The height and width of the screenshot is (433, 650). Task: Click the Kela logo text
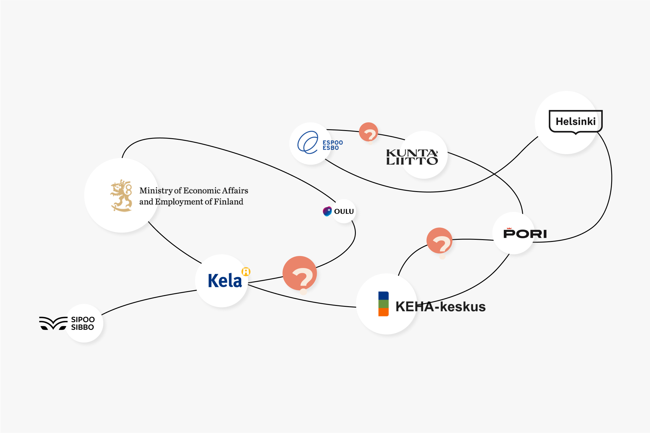pyautogui.click(x=225, y=281)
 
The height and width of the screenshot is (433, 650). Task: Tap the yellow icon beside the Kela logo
pyautogui.click(x=246, y=272)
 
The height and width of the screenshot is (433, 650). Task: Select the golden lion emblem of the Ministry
pyautogui.click(x=122, y=196)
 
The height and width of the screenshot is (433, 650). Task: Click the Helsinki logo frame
pyautogui.click(x=575, y=121)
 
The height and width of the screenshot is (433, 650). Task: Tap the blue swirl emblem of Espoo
pyautogui.click(x=308, y=142)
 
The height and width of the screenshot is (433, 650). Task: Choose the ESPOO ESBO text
pyautogui.click(x=332, y=145)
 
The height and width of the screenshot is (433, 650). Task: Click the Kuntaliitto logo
pyautogui.click(x=412, y=157)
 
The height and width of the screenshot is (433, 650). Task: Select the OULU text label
pyautogui.click(x=344, y=212)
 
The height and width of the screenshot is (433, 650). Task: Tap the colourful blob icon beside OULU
pyautogui.click(x=327, y=211)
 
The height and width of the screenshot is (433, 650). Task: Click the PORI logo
pyautogui.click(x=525, y=233)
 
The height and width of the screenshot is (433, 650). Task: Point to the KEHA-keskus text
pyautogui.click(x=440, y=307)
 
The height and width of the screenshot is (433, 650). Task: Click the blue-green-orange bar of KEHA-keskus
pyautogui.click(x=383, y=304)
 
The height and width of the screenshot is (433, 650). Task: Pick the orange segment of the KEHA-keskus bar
pyautogui.click(x=383, y=312)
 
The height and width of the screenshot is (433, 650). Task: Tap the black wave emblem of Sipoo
pyautogui.click(x=53, y=323)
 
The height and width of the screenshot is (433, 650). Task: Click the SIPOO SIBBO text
pyautogui.click(x=83, y=323)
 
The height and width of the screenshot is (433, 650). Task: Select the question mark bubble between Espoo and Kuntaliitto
pyautogui.click(x=368, y=132)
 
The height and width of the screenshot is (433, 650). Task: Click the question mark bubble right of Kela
pyautogui.click(x=300, y=273)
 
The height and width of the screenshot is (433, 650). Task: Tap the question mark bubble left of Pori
pyautogui.click(x=439, y=241)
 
